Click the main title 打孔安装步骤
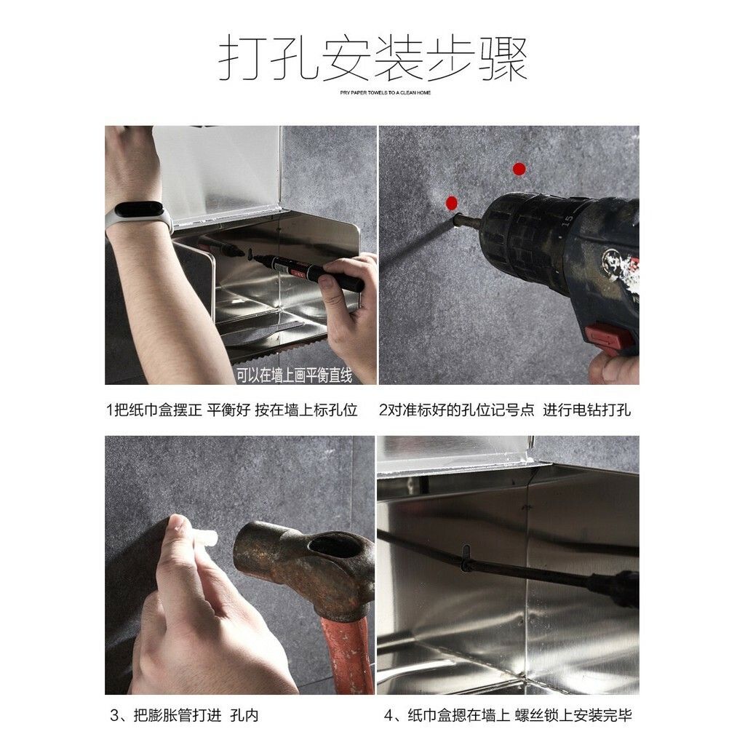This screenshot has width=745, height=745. tap(373, 57)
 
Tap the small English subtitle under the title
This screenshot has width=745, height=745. tap(386, 92)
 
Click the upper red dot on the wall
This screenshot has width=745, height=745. tap(519, 169)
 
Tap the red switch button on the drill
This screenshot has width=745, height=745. tap(609, 339)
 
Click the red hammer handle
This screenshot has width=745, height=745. tap(348, 655)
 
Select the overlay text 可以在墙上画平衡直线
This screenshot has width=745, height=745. tap(294, 376)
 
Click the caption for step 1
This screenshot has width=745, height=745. tap(231, 410)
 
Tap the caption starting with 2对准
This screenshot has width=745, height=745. tap(505, 410)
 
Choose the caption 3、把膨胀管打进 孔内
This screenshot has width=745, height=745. tap(184, 714)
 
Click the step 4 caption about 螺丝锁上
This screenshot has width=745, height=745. tap(508, 714)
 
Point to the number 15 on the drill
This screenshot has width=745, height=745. tap(567, 220)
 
